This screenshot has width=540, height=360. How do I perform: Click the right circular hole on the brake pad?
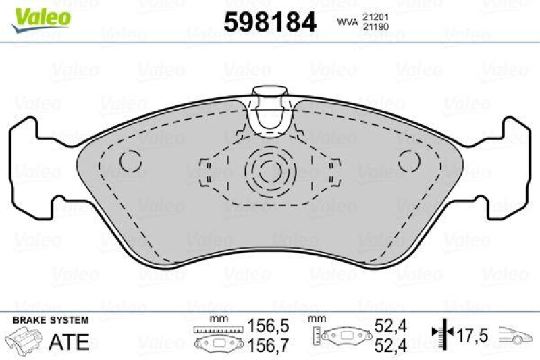[x=409, y=160]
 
